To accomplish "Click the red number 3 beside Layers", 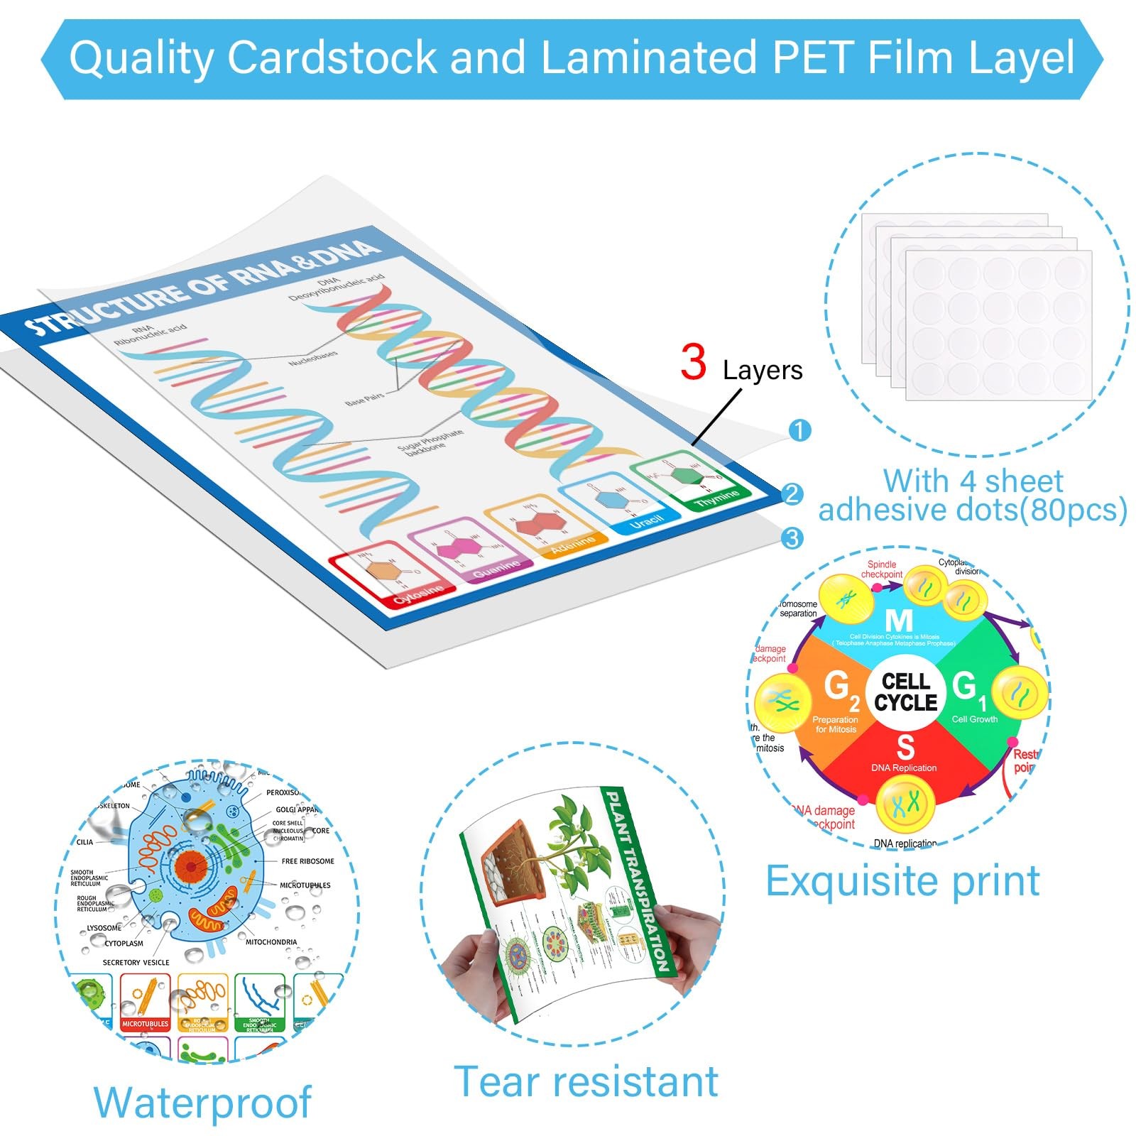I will click(693, 363).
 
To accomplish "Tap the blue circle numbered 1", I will click(799, 430).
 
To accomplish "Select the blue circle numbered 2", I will click(792, 494).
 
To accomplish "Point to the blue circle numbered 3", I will click(792, 537).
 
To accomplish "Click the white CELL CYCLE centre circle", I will click(905, 692).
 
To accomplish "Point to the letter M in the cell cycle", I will click(898, 622).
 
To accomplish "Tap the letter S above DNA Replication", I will click(905, 748).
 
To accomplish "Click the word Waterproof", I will click(202, 1102).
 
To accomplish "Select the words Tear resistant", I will click(586, 1081).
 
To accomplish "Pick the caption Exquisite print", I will click(902, 881).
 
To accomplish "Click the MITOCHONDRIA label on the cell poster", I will click(271, 942).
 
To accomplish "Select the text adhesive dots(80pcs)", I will click(973, 510).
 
